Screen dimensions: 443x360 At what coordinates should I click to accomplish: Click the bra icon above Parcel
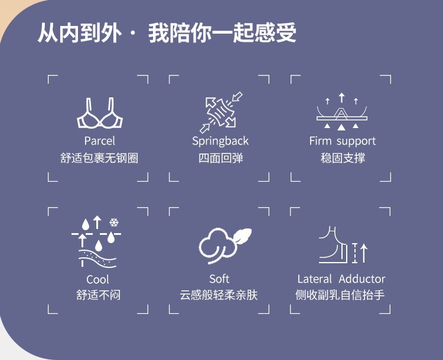[99, 114]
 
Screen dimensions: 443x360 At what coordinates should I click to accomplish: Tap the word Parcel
[99, 141]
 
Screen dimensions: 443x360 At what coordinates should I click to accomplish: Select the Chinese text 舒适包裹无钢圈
[99, 158]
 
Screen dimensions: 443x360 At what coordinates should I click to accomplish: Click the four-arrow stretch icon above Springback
[221, 112]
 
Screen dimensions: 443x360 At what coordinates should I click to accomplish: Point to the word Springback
[220, 141]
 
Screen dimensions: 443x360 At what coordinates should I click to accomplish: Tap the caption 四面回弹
[220, 158]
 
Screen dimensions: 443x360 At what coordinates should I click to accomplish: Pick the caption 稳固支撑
[343, 158]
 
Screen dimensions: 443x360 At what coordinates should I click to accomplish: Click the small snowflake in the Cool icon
[114, 222]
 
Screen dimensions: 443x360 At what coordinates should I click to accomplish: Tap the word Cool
[98, 279]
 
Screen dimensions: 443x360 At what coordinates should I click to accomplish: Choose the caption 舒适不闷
[98, 294]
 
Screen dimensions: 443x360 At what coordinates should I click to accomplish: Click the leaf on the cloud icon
[241, 237]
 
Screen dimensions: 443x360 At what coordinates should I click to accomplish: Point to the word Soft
[219, 279]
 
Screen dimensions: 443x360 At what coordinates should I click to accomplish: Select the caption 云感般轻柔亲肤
[219, 294]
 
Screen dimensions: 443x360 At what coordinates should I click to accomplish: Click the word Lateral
[315, 279]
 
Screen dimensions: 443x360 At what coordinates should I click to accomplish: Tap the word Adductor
[362, 279]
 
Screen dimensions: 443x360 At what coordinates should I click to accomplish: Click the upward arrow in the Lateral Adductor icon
[364, 252]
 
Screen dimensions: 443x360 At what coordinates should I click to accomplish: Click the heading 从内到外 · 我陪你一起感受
[167, 33]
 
